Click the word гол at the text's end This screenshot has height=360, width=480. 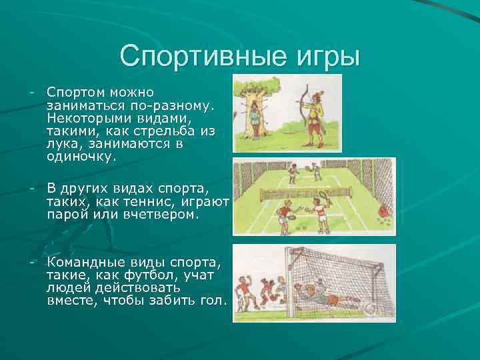(x=212, y=301)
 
